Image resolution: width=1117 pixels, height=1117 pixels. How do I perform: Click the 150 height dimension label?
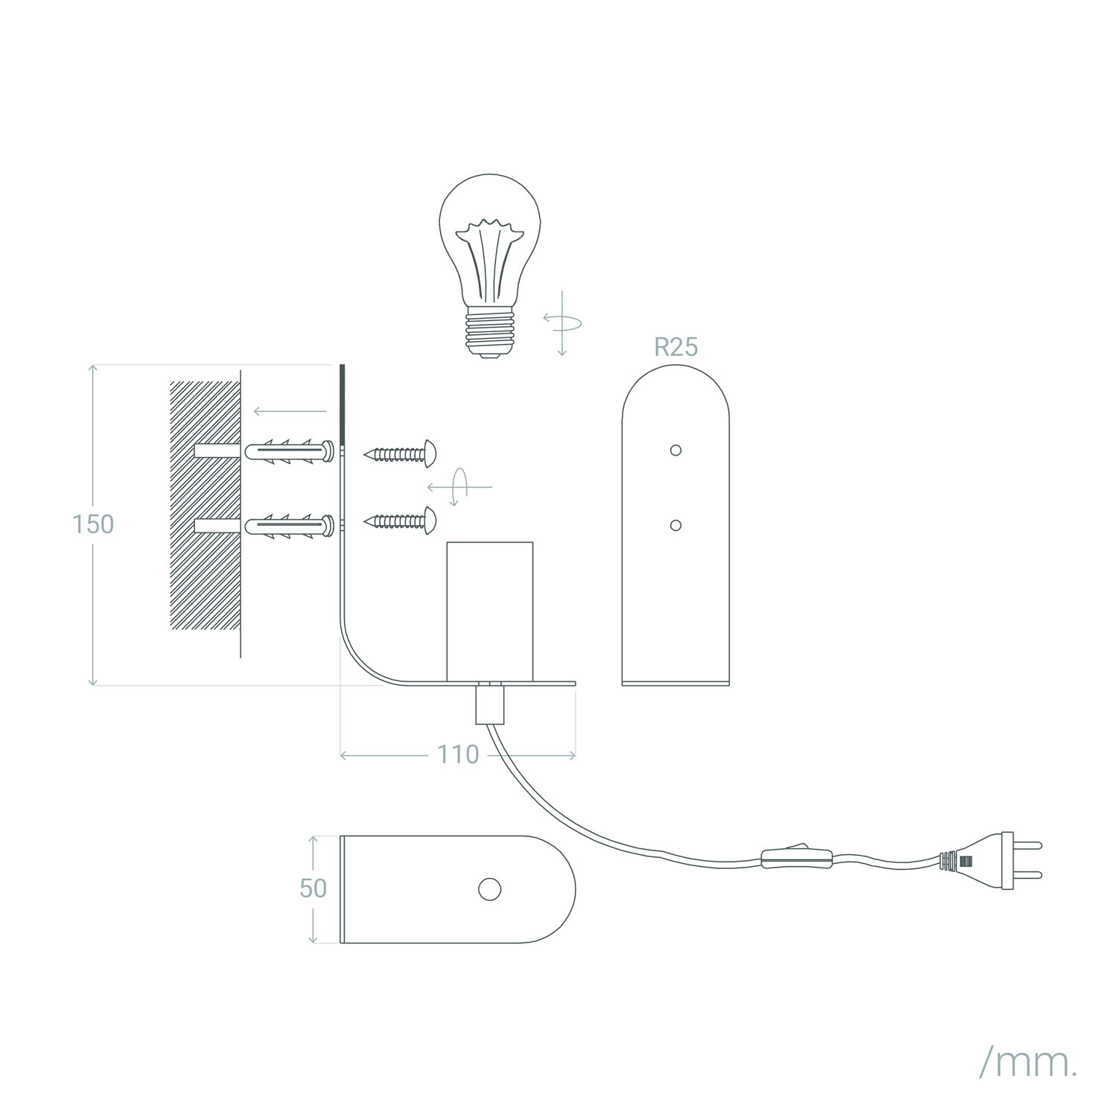(x=93, y=524)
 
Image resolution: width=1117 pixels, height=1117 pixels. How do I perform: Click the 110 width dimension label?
(x=458, y=755)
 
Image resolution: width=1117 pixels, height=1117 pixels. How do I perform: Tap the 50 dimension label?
(x=314, y=888)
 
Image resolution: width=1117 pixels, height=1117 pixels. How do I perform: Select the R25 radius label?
(x=676, y=347)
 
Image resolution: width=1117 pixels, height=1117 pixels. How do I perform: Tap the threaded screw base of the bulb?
(x=489, y=334)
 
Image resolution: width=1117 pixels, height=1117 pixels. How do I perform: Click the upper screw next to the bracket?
(x=399, y=454)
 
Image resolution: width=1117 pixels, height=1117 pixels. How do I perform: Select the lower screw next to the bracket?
(x=399, y=521)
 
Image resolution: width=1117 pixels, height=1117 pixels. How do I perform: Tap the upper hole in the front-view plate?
(x=675, y=450)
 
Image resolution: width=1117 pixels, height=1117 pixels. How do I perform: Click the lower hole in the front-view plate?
(x=675, y=525)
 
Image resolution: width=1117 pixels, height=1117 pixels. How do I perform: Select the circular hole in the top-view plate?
(x=489, y=888)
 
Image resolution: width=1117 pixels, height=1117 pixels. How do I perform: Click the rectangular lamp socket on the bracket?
(x=489, y=611)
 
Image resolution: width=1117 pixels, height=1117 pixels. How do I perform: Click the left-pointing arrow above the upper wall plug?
(x=290, y=411)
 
